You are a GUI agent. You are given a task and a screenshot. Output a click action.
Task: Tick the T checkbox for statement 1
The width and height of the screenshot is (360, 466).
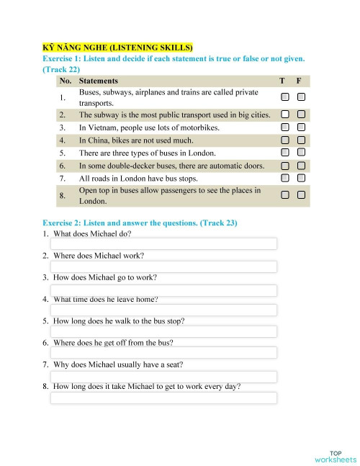(x=286, y=97)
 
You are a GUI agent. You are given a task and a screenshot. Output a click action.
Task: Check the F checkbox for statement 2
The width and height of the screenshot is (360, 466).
(x=301, y=115)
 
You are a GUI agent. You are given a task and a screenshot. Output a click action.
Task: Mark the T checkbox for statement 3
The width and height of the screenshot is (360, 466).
(x=286, y=127)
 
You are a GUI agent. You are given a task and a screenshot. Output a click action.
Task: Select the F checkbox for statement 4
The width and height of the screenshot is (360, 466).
(x=301, y=140)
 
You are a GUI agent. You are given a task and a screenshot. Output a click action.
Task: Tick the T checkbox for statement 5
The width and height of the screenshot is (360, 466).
(x=286, y=153)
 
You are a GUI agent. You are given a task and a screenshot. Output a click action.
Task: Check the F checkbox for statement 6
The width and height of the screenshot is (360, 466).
(x=301, y=166)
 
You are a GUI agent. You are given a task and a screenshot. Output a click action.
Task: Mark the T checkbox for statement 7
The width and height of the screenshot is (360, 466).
(x=286, y=178)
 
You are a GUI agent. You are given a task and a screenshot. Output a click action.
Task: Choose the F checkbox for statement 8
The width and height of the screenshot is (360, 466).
(x=301, y=194)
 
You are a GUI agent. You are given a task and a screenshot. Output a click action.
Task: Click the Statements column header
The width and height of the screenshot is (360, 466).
(x=99, y=81)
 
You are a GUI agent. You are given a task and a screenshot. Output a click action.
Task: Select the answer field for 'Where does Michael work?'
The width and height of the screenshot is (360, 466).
(x=163, y=266)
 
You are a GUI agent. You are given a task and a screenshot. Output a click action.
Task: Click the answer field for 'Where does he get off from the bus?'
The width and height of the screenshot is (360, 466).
(x=163, y=353)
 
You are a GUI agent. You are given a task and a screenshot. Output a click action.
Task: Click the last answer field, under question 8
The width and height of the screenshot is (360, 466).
(x=163, y=398)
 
